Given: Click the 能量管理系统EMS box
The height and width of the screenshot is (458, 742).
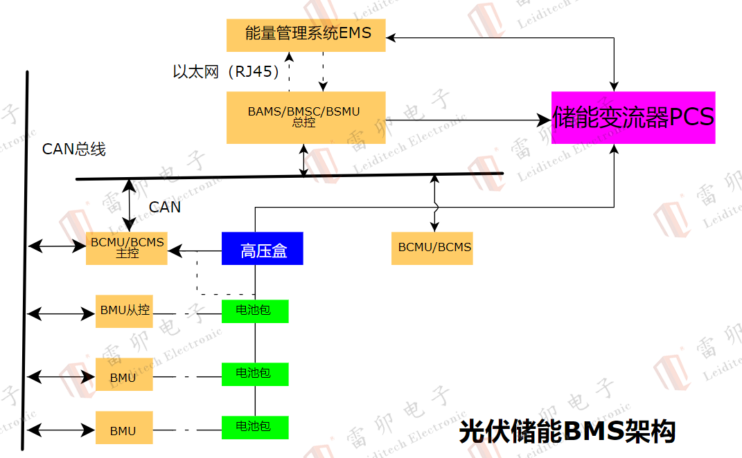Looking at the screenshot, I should click(x=306, y=34).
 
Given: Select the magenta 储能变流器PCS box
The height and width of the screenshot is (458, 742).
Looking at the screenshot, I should click(x=633, y=118).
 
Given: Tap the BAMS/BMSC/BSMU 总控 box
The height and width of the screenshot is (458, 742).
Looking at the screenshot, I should click(x=306, y=117).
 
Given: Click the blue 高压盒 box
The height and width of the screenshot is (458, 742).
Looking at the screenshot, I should click(x=263, y=248).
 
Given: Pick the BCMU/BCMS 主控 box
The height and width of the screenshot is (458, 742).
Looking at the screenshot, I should click(x=127, y=248).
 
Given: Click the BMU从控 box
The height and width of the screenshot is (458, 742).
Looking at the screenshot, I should click(x=124, y=311).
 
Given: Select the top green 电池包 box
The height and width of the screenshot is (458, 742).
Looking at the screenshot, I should click(x=254, y=311).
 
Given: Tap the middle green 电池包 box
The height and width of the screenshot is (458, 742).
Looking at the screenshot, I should click(x=254, y=374).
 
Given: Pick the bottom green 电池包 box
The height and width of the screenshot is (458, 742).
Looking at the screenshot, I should click(x=254, y=426).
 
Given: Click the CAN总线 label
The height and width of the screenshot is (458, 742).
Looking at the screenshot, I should click(x=74, y=149).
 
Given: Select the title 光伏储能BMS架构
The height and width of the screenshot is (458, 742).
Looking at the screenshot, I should click(x=567, y=432).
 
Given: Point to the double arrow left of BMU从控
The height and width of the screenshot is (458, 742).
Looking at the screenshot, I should click(x=61, y=314).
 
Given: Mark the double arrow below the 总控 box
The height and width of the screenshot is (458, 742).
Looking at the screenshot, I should click(x=303, y=160).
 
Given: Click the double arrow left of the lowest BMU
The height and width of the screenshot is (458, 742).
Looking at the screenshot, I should click(x=61, y=430).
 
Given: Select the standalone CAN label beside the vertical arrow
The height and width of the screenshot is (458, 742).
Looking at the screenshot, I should click(x=165, y=207).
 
